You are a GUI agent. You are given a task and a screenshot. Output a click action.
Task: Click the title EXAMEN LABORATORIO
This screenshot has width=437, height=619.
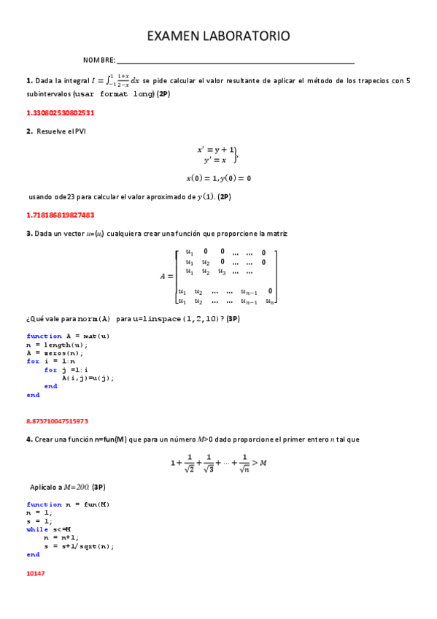(218, 36)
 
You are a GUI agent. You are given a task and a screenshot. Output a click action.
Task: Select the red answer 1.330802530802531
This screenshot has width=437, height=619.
(61, 113)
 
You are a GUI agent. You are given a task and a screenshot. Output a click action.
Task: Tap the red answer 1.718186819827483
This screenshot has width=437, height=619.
(61, 215)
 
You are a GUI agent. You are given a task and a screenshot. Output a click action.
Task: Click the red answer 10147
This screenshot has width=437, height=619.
(36, 573)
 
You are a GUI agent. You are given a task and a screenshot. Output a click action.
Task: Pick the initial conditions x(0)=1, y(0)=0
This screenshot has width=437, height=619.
(218, 178)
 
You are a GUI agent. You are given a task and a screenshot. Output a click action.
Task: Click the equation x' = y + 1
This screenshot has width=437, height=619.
(217, 150)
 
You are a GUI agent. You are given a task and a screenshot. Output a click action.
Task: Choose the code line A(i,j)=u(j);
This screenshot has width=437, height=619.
(88, 378)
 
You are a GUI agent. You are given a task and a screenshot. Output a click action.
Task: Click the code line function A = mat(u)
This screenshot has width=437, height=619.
(68, 336)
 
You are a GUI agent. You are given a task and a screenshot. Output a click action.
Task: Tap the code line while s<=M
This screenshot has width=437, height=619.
(50, 529)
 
